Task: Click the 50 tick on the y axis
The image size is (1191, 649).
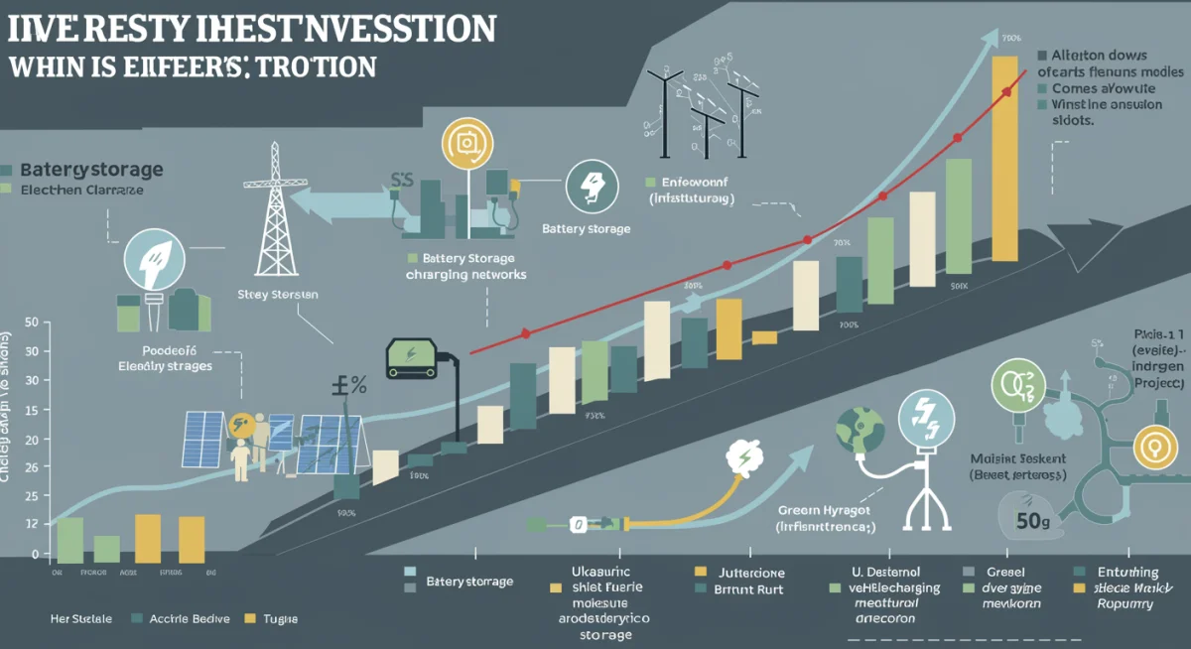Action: (x=30, y=323)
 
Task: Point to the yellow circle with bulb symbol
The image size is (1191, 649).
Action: (x=1154, y=448)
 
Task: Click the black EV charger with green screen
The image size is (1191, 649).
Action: (x=413, y=358)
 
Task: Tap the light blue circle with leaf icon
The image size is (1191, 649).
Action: (x=154, y=260)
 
